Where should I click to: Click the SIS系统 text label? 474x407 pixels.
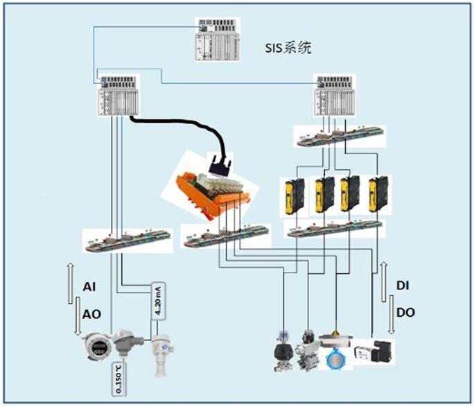coord(288,49)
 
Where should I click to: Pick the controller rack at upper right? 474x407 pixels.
coord(337,96)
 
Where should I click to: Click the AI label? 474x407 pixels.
coord(89,286)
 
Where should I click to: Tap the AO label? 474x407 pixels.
coord(91,313)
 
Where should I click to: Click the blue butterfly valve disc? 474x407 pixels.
coord(337,358)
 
